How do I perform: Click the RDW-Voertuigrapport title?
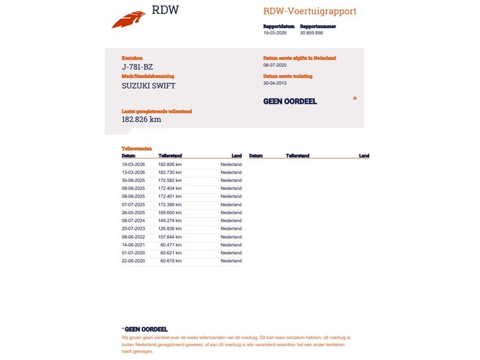(310, 11)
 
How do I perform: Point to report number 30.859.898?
(311, 32)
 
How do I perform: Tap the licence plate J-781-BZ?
(139, 67)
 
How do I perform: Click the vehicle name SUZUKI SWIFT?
(149, 85)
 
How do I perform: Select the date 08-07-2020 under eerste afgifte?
(275, 64)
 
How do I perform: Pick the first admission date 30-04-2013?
(275, 83)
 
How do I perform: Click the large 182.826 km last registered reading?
(142, 119)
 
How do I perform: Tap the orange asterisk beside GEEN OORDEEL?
(355, 99)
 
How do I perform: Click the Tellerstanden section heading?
(136, 148)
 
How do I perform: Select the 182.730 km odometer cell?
(170, 172)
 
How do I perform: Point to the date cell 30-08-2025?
(133, 180)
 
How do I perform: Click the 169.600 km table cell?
(170, 212)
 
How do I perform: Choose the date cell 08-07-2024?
(133, 221)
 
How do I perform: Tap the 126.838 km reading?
(170, 228)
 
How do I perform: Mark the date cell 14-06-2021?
(133, 244)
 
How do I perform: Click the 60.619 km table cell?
(171, 261)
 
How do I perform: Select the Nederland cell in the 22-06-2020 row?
(231, 261)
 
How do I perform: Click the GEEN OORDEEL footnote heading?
(146, 328)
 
